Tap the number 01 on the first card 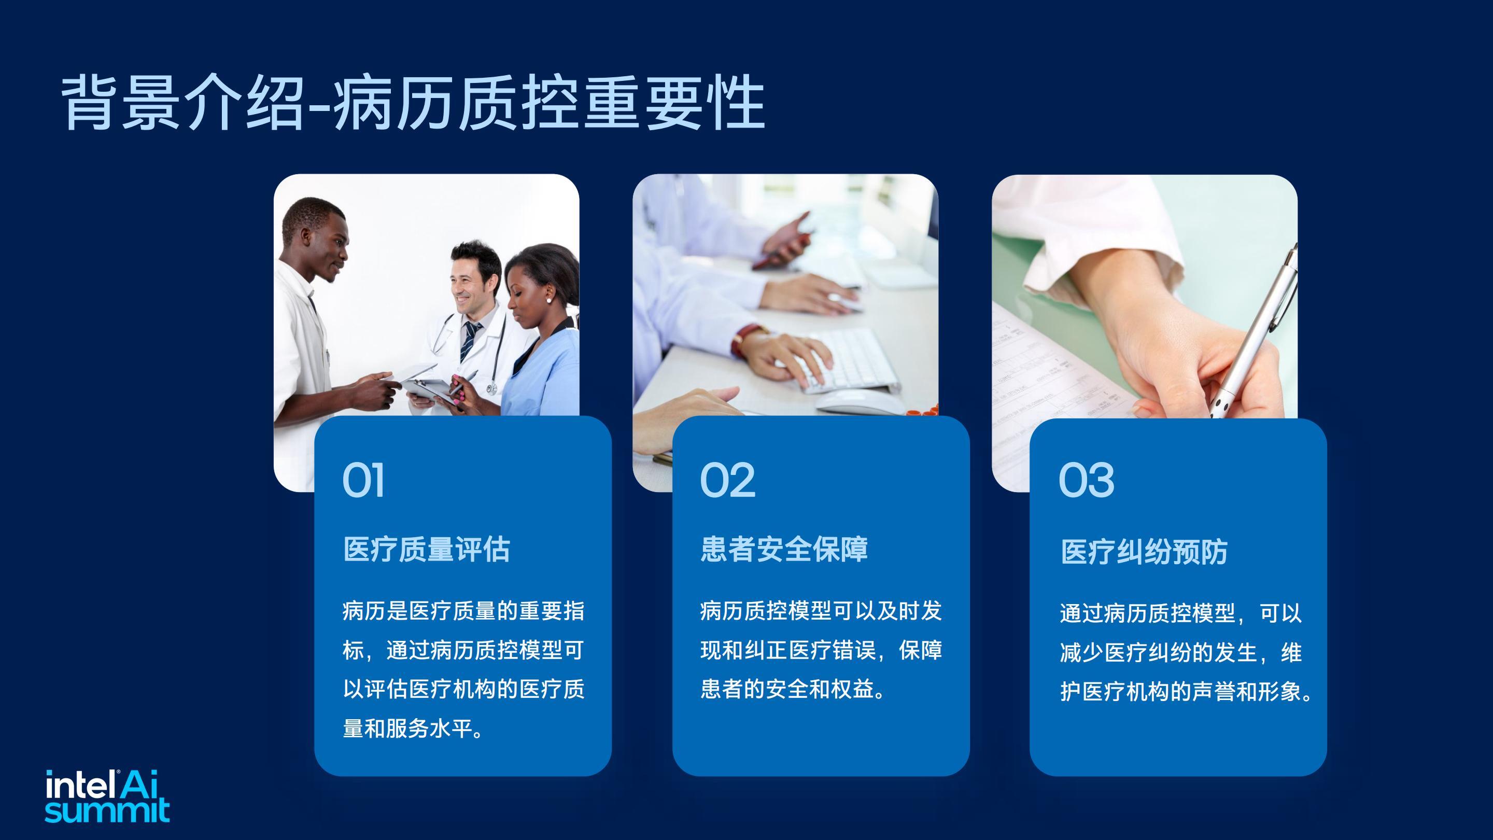point(363,480)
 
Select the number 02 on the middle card point(727,480)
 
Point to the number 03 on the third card point(1086,480)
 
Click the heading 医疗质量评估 point(427,549)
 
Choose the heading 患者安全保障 point(784,549)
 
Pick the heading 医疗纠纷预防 point(1144,551)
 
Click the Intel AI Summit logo point(107,796)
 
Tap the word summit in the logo point(107,810)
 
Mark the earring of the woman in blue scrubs point(548,300)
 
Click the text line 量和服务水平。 point(413,729)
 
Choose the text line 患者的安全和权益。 point(792,689)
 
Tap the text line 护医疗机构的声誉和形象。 point(1186,692)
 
